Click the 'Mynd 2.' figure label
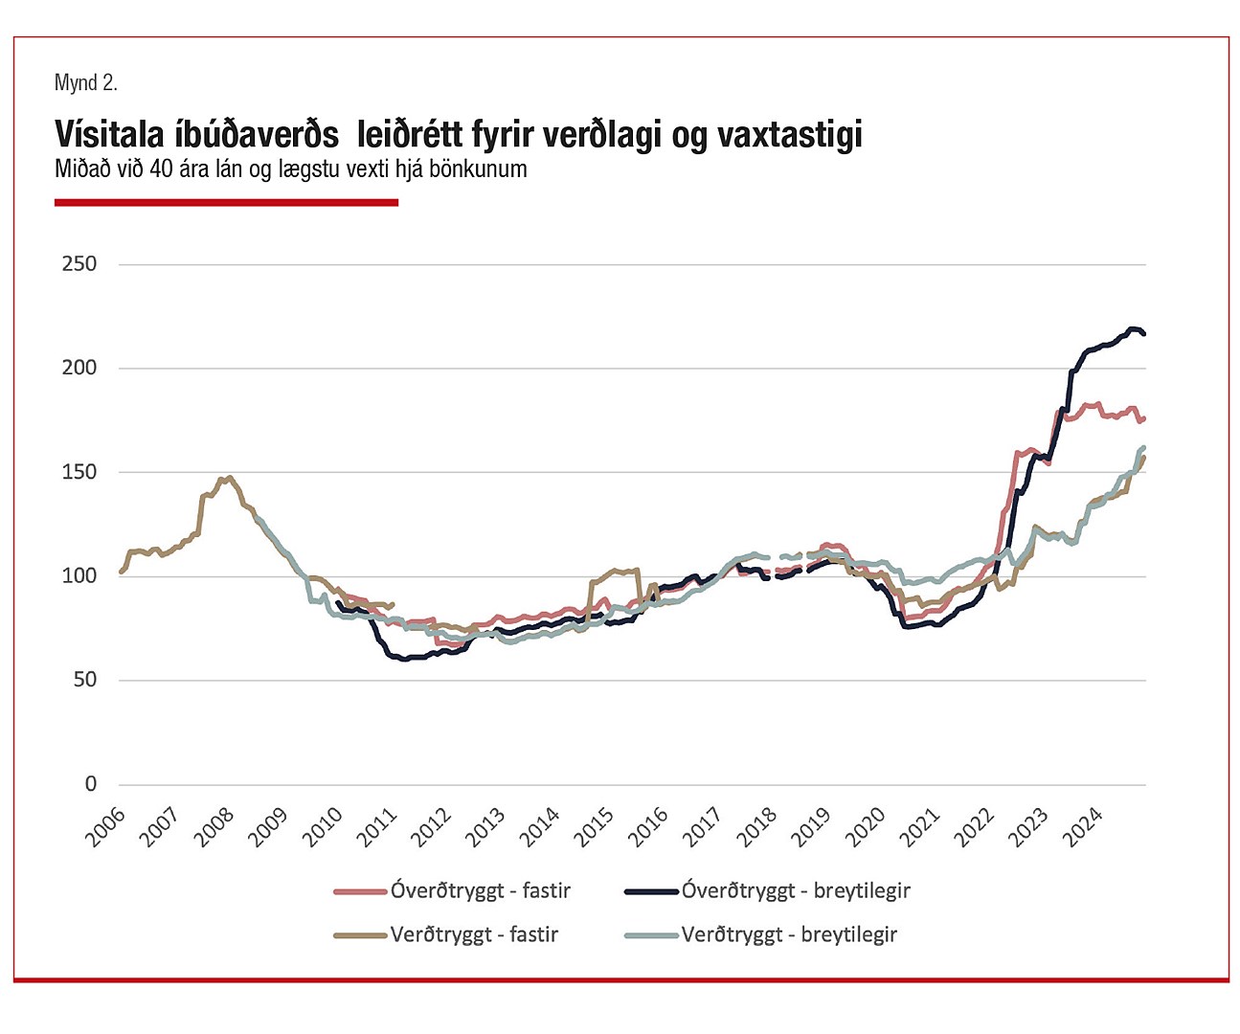[85, 83]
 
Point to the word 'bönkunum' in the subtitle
[477, 169]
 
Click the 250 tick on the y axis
[79, 264]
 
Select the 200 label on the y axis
[79, 368]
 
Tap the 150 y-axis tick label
[79, 472]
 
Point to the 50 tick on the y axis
[84, 680]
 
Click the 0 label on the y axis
[91, 784]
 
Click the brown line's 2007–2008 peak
[229, 478]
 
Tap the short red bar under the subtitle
[226, 202]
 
